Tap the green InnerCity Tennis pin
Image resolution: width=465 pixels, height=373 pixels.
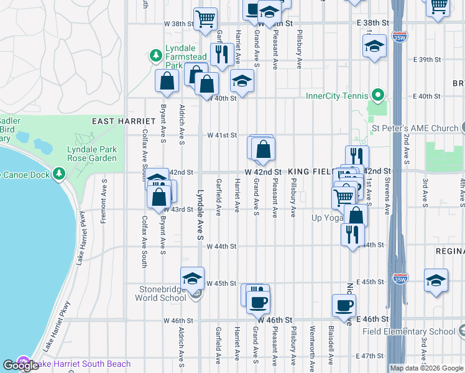(x=377, y=96)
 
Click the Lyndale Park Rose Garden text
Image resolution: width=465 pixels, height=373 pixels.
(x=92, y=154)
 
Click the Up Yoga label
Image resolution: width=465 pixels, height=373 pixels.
(x=328, y=218)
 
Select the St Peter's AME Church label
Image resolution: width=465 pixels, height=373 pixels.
(x=415, y=129)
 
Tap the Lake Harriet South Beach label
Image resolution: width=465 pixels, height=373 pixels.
(x=81, y=364)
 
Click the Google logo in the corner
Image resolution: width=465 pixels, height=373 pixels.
(x=20, y=366)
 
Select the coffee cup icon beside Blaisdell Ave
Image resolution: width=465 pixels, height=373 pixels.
(x=344, y=305)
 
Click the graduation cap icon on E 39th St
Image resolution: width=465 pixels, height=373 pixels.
(x=374, y=46)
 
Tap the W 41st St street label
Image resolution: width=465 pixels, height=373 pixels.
(x=223, y=135)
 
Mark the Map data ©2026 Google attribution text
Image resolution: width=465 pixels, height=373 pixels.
(x=426, y=368)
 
